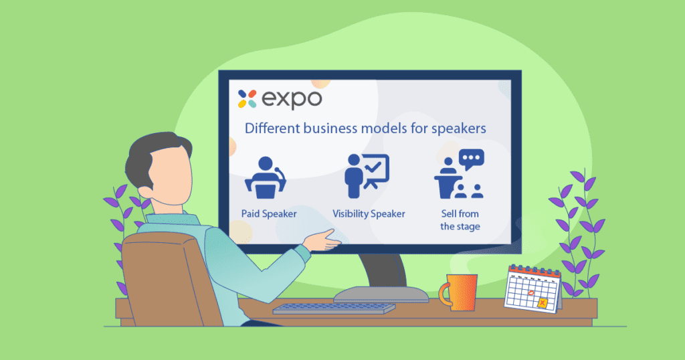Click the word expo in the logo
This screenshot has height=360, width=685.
(x=292, y=100)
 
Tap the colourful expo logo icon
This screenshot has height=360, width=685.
(x=248, y=99)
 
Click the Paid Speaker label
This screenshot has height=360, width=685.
(x=269, y=213)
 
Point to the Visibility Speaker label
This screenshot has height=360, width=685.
(x=369, y=213)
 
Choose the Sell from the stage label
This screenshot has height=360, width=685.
(x=460, y=219)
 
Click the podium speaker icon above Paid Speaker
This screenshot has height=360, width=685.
(x=266, y=177)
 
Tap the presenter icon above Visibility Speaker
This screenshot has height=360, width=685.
(x=367, y=175)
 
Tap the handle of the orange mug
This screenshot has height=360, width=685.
(x=444, y=294)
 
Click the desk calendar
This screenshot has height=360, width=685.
(x=532, y=289)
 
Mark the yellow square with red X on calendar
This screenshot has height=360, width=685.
(x=542, y=302)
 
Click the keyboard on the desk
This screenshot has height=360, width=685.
(x=334, y=308)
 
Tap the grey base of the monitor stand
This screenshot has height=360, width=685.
(x=381, y=294)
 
